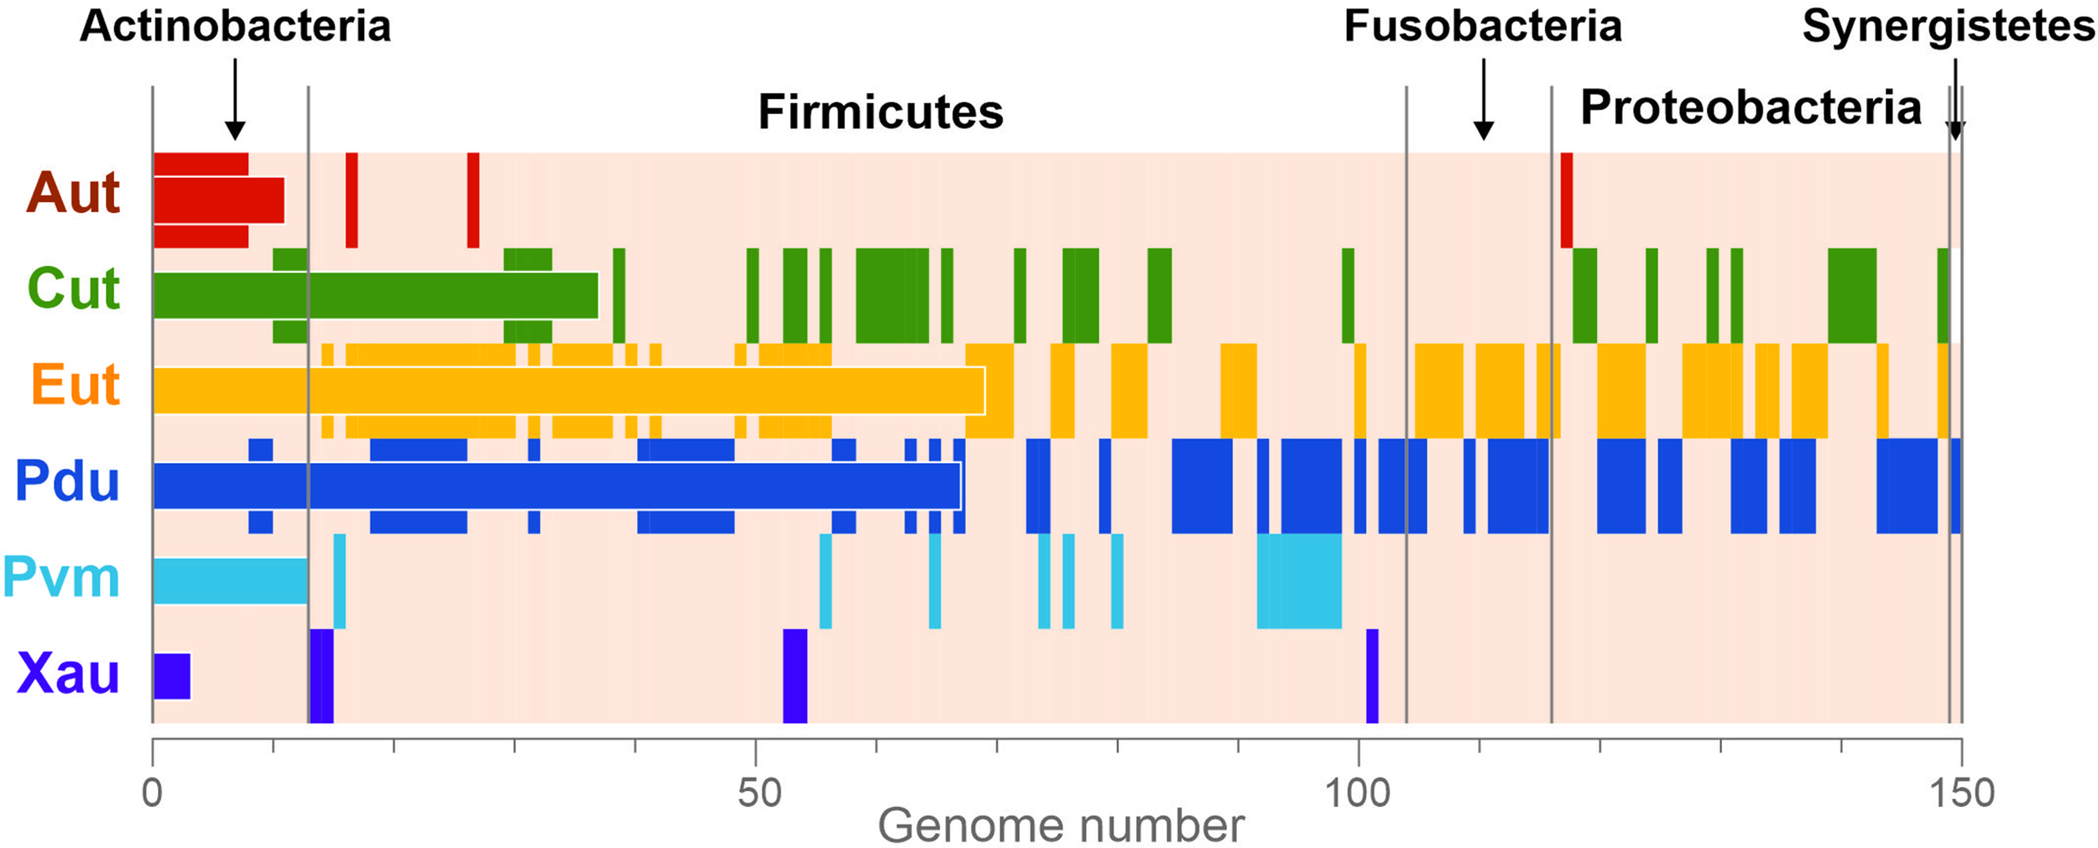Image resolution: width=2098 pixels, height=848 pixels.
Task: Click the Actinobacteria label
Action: point(235,27)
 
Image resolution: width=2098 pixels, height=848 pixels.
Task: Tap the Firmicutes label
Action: point(880,112)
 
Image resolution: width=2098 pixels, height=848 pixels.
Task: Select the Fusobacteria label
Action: point(1483,27)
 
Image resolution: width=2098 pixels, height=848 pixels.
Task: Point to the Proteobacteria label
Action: point(1751,108)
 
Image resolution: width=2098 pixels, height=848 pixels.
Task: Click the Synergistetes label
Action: point(1949,27)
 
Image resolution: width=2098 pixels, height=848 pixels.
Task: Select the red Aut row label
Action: point(74,194)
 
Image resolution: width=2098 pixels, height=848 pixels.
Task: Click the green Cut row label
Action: point(74,289)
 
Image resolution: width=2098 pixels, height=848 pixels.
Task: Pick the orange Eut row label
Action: point(76,386)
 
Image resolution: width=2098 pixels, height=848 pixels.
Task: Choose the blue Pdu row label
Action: point(67,482)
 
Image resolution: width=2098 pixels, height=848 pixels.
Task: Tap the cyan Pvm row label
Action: point(61,579)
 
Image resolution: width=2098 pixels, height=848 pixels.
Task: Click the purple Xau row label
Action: point(68,674)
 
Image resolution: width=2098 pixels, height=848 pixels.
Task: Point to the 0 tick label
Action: point(152,793)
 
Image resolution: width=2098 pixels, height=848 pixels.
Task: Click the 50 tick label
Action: point(759,793)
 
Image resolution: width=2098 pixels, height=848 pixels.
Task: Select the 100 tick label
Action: point(1357,793)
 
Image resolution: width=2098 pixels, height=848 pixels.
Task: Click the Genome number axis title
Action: point(1060,827)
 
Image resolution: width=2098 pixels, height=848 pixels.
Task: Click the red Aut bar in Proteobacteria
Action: point(1566,200)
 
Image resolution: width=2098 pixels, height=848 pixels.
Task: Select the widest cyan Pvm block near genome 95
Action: point(1298,580)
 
